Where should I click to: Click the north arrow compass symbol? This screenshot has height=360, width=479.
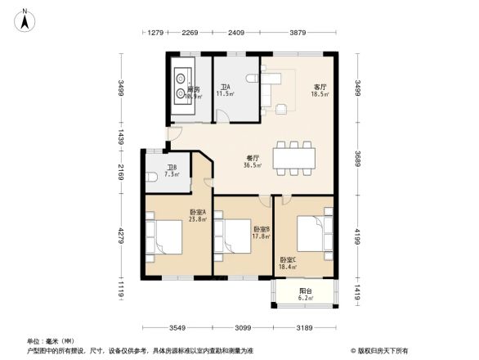tap(25, 18)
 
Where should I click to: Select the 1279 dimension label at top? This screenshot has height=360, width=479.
tap(157, 34)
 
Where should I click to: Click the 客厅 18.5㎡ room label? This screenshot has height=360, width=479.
tap(320, 90)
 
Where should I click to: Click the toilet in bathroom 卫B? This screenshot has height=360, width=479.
tap(152, 177)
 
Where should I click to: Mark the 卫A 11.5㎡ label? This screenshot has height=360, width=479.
tap(225, 90)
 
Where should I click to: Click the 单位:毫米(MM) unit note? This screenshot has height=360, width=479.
tap(51, 341)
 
